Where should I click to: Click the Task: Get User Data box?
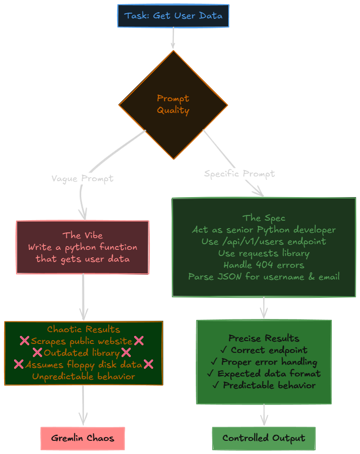click(x=173, y=16)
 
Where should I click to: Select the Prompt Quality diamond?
click(x=173, y=104)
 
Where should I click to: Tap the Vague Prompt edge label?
click(x=82, y=179)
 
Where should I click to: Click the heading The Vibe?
click(x=82, y=235)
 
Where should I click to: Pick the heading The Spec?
click(x=264, y=218)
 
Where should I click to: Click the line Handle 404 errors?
click(x=264, y=265)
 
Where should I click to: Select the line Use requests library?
click(x=264, y=253)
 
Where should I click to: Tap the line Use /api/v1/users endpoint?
click(x=264, y=241)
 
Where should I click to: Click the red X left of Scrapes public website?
click(x=24, y=341)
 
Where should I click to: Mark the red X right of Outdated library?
click(x=126, y=352)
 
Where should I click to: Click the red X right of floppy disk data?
click(x=148, y=364)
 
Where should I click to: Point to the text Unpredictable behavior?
click(x=83, y=376)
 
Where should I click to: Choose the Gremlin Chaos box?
click(x=82, y=438)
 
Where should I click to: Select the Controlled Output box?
click(x=264, y=438)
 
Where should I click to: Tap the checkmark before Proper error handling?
click(x=214, y=362)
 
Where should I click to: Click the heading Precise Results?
click(x=264, y=338)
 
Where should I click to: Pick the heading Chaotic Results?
click(x=83, y=329)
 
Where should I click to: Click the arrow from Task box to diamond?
click(x=173, y=38)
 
